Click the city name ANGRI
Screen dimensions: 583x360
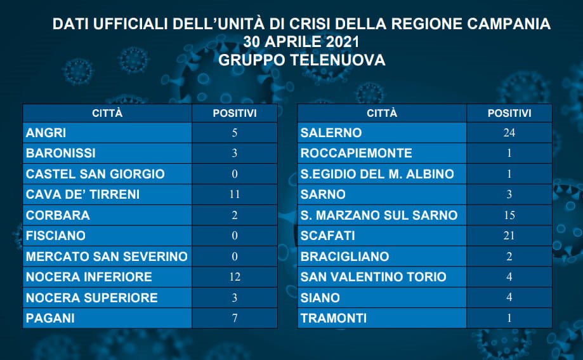point(46,133)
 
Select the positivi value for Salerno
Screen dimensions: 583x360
point(509,133)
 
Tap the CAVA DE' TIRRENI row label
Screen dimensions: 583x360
point(82,194)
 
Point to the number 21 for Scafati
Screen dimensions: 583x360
point(509,236)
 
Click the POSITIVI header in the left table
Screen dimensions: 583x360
point(235,113)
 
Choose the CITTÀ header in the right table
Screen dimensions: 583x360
point(382,113)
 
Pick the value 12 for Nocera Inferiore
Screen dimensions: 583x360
point(235,277)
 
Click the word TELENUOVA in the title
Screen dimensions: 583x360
point(337,60)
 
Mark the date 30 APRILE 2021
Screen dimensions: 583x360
point(301,42)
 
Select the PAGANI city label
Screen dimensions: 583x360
point(50,318)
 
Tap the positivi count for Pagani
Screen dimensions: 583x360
point(235,318)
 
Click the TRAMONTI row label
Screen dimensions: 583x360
point(334,318)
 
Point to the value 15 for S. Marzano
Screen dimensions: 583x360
point(509,215)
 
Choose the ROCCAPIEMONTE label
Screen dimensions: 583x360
point(356,153)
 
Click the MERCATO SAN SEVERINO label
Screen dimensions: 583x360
point(107,256)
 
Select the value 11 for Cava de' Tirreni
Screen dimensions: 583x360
point(235,194)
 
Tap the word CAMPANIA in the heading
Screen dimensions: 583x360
point(509,24)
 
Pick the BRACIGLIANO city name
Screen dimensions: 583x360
point(344,256)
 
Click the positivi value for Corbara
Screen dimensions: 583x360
point(235,215)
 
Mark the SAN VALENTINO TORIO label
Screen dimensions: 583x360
point(373,277)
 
